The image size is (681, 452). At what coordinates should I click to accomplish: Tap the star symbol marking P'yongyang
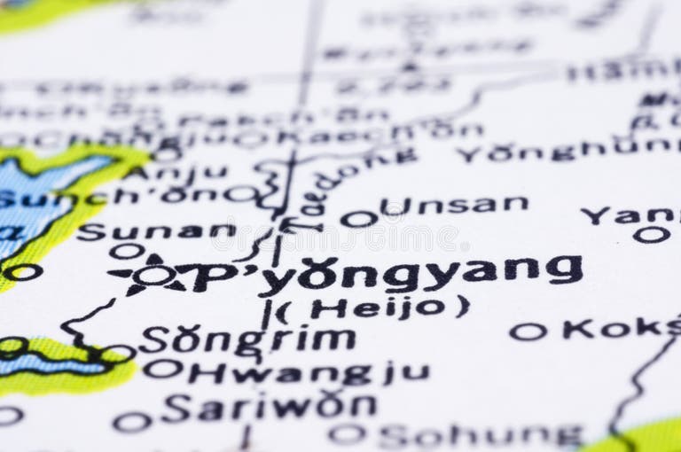(152, 275)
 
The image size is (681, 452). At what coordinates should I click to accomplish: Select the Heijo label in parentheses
(377, 308)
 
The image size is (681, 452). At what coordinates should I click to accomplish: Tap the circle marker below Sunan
(127, 252)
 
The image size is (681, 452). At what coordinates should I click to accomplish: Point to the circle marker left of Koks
(528, 331)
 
